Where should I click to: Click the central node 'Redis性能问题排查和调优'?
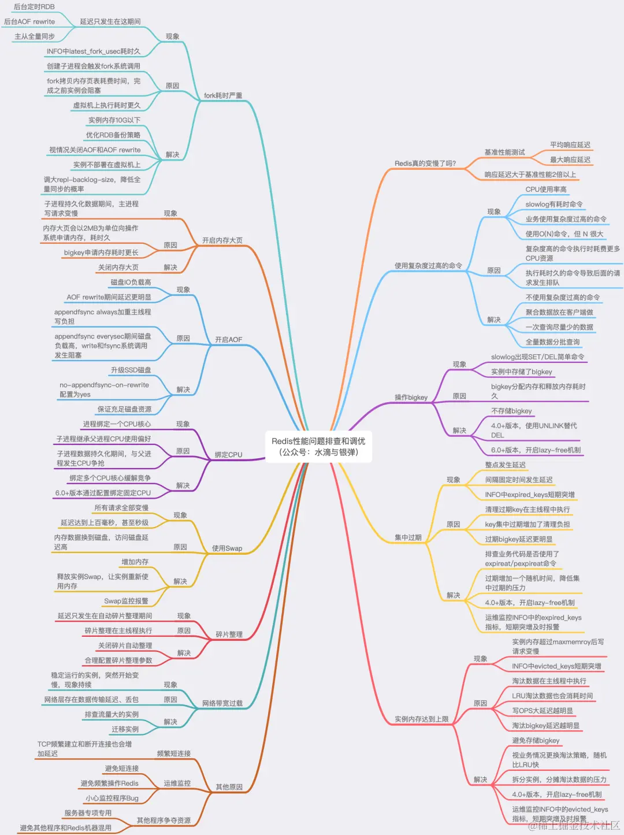click(x=318, y=441)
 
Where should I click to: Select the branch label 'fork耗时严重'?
click(x=223, y=95)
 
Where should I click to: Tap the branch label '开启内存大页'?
click(x=222, y=240)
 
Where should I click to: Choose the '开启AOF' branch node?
click(x=228, y=340)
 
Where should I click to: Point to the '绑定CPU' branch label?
click(x=228, y=455)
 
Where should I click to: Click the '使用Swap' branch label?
click(x=226, y=548)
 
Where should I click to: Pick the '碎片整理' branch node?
click(x=229, y=634)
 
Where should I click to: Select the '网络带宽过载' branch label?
click(x=222, y=703)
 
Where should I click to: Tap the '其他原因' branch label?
click(x=229, y=787)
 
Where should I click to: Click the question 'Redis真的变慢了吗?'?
click(x=425, y=164)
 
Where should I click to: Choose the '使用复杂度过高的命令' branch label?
click(x=428, y=266)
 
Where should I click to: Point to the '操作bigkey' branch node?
click(x=411, y=398)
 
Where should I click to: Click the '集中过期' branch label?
click(x=408, y=537)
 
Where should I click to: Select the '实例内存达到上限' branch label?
click(x=422, y=719)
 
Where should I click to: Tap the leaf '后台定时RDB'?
click(x=34, y=7)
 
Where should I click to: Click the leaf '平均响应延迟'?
click(x=570, y=145)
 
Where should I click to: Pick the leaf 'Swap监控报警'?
click(x=126, y=601)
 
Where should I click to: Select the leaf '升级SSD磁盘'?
click(x=131, y=370)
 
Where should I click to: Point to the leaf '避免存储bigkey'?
click(x=536, y=740)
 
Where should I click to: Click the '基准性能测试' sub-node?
click(x=504, y=153)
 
